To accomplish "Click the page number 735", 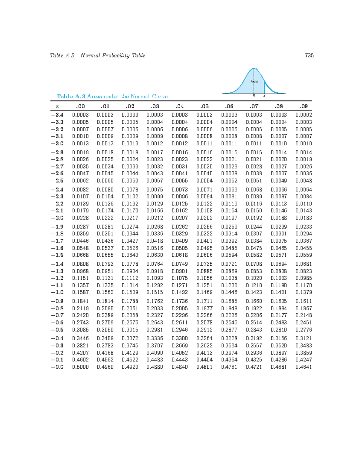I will point(309,55).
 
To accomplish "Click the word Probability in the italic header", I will point(115,55).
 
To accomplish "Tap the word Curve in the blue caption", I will point(160,97).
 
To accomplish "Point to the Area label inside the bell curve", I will point(254,81).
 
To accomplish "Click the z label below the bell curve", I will point(264,96).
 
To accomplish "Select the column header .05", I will point(204,106).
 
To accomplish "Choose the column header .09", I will point(304,106).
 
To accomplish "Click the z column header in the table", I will point(57,107).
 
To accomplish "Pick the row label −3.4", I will point(57,115).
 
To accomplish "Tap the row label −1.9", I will point(57,227).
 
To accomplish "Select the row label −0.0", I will point(57,367).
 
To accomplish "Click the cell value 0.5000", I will point(80,367).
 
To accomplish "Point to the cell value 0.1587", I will point(80,292).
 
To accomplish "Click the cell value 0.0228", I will point(80,218).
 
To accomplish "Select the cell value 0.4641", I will point(304,367).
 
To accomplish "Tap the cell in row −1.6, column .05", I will point(204,248).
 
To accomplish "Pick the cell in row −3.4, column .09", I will point(304,115).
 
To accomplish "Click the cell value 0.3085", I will point(80,330).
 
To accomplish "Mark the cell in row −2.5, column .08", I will point(279,181).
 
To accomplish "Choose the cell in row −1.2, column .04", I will point(180,278).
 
